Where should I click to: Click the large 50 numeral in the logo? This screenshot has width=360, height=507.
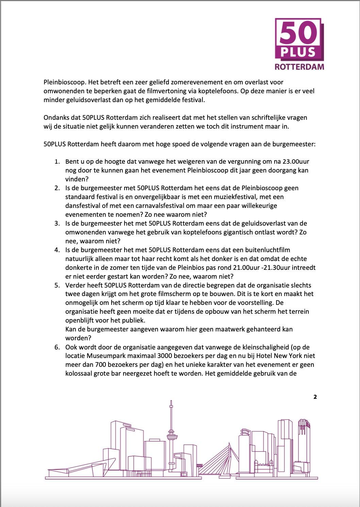pyautogui.click(x=298, y=33)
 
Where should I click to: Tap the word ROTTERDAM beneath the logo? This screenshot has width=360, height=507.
pyautogui.click(x=299, y=67)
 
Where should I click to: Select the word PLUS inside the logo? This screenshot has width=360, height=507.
pyautogui.click(x=298, y=52)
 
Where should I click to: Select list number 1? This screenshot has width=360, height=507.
pyautogui.click(x=57, y=162)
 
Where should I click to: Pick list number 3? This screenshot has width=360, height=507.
pyautogui.click(x=57, y=224)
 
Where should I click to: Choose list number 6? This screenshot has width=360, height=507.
pyautogui.click(x=57, y=347)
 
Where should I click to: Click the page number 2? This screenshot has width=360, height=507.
pyautogui.click(x=315, y=397)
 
